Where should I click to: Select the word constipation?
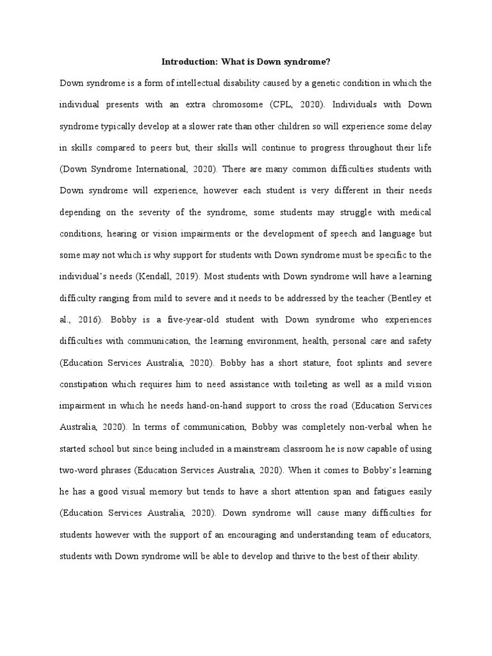point(84,384)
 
